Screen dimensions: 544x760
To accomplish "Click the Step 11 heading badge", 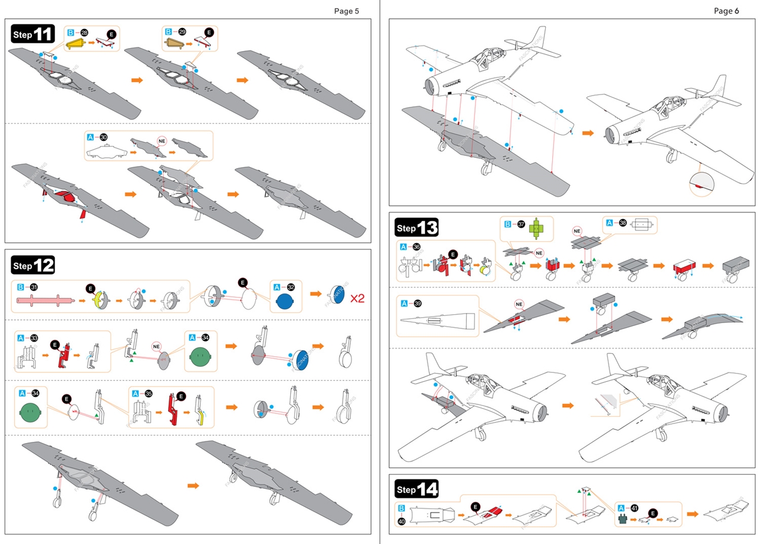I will point(33,34).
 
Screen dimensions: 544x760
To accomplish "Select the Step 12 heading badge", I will point(33,265).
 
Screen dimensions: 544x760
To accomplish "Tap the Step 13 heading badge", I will point(416,227).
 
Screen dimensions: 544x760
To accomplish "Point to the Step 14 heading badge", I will point(416,489).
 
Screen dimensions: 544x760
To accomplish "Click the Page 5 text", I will point(346,11).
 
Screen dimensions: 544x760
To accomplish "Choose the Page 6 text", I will point(726,11).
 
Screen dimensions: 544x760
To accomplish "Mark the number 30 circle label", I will point(103,137).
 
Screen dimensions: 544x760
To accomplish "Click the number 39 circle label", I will point(418,303).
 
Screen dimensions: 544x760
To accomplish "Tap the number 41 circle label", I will point(635,508).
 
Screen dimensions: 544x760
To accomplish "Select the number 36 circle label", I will point(417,247).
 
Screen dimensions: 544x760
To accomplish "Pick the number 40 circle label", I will point(402,521).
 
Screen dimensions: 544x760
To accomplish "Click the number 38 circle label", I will point(622,223).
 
